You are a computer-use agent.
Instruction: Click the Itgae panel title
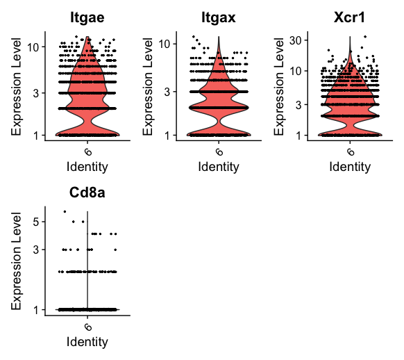(x=87, y=16)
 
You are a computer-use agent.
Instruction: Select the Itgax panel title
(x=218, y=16)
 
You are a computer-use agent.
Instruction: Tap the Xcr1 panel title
(x=349, y=16)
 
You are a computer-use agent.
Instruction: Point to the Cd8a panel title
(x=87, y=192)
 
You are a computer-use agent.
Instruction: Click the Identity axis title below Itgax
(x=218, y=167)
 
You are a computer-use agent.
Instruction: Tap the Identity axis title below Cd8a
(x=87, y=342)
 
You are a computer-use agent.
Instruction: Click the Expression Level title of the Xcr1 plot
(x=278, y=85)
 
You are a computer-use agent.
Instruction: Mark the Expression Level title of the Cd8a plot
(x=17, y=259)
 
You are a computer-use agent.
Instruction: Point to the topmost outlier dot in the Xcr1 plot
(x=365, y=37)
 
